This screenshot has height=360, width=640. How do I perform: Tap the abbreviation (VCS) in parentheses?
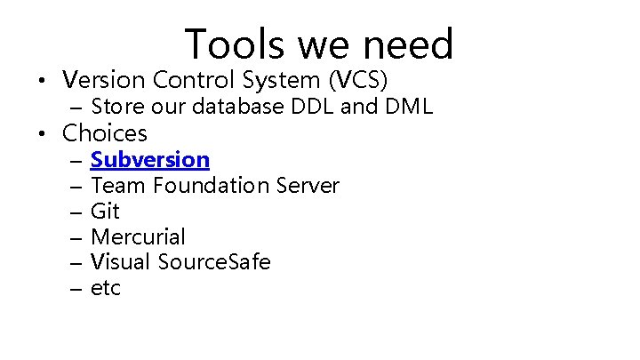coord(358,80)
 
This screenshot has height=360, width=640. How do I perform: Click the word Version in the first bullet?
coord(104,80)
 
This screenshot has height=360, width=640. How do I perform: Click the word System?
coord(280,81)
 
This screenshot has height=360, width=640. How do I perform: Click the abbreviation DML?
coord(408,108)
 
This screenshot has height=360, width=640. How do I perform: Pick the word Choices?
coord(104,134)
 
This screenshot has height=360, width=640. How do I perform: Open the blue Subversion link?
coord(150,160)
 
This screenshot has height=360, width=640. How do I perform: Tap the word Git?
coord(105,212)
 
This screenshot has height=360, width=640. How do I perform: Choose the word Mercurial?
coord(138,237)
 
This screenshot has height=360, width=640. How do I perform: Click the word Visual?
coord(120,263)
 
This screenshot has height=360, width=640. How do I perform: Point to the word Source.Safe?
coord(214,263)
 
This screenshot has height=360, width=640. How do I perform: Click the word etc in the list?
coord(106,289)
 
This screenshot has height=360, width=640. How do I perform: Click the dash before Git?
coord(74,212)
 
